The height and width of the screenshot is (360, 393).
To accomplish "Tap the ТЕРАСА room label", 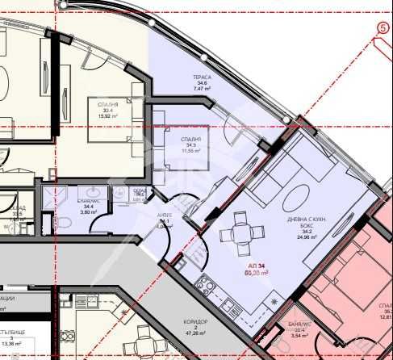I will point(201,76).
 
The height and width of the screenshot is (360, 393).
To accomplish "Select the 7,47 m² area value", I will point(202,89).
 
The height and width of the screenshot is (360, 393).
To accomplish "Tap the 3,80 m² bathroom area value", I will point(88,214).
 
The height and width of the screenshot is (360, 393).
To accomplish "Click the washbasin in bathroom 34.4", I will point(119,193).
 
